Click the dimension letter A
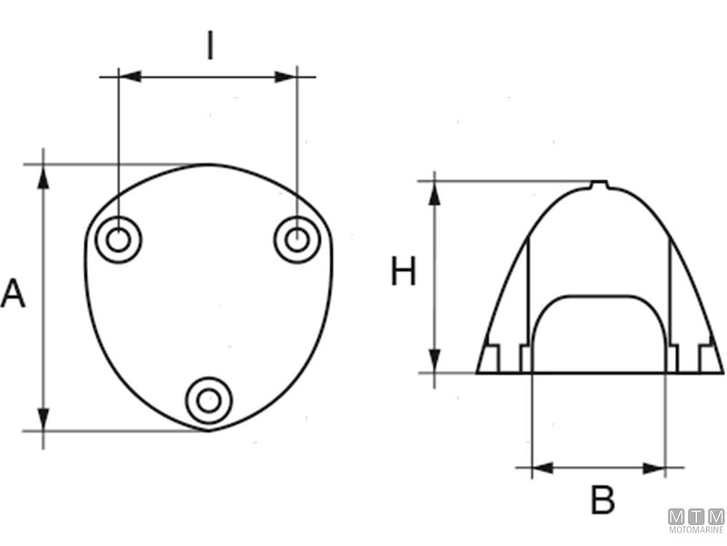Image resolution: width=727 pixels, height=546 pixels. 13,294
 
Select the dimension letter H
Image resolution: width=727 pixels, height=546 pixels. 403,271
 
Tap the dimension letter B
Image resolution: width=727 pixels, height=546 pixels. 603,500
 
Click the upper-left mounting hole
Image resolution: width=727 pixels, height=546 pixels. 118,240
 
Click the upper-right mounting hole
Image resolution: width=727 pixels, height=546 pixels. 297,240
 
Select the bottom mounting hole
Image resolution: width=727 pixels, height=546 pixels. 209,399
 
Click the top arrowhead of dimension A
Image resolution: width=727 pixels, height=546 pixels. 44,176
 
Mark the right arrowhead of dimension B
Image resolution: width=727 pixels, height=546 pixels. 655,469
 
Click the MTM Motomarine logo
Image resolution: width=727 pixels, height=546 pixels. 697,521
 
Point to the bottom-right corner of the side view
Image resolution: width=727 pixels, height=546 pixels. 722,372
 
